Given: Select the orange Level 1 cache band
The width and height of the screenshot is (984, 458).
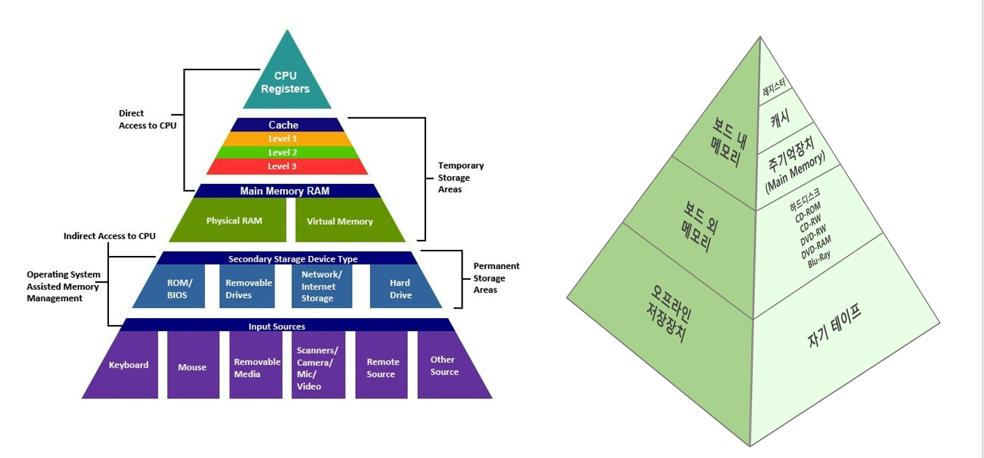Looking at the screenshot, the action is click(287, 138).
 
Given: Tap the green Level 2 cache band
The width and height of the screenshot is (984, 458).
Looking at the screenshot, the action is click(287, 152).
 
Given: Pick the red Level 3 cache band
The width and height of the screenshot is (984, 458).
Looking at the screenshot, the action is click(287, 166).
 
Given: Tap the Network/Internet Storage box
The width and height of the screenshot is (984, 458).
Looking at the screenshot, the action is click(321, 286).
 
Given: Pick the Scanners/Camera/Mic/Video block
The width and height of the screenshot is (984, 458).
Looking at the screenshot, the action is click(318, 365).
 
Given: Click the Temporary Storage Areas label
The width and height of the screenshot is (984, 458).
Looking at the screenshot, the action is click(461, 177).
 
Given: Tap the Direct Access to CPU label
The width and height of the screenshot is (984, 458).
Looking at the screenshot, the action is click(147, 120).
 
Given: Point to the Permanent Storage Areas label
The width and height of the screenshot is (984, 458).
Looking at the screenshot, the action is click(496, 278).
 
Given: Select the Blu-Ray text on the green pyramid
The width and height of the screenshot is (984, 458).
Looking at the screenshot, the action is click(819, 259).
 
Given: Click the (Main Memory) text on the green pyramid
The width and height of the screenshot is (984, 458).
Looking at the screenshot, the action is click(795, 172).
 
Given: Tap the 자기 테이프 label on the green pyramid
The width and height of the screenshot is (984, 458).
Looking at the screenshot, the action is click(835, 325).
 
